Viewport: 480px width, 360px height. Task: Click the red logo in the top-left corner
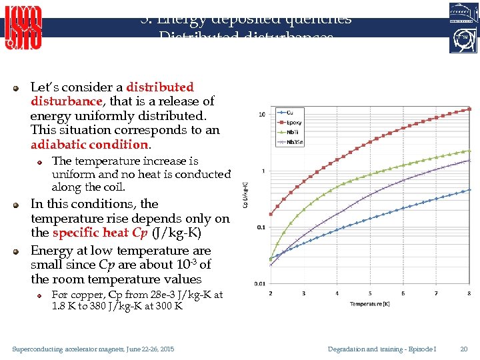click(x=23, y=27)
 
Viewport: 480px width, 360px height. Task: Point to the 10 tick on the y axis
click(x=263, y=115)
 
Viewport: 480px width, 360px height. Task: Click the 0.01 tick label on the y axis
click(x=259, y=283)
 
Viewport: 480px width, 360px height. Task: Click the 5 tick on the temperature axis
click(x=337, y=293)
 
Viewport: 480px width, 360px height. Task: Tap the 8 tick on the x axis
click(x=469, y=293)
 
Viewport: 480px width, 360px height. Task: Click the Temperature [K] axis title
click(x=370, y=305)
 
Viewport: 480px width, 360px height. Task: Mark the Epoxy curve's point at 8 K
click(x=469, y=109)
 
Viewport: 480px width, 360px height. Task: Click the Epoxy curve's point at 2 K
click(x=270, y=214)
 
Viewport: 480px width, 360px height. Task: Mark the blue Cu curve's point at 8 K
click(x=469, y=189)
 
